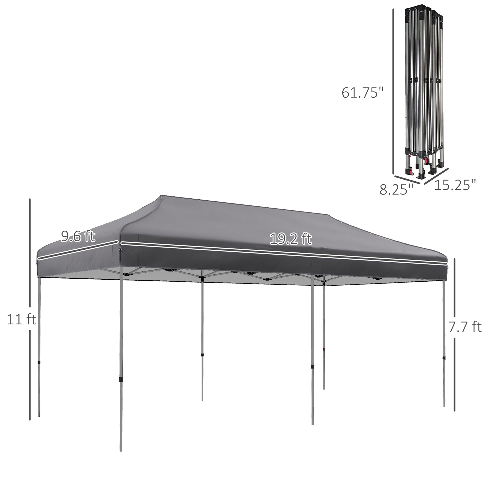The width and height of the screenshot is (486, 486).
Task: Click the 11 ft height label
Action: pos(21,320)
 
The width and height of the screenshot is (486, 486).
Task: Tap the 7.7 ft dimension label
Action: pos(465,327)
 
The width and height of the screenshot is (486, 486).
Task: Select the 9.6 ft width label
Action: pos(78,237)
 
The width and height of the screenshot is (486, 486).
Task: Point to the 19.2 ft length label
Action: pos(291,239)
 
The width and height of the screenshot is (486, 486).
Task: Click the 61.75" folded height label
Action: pos(362,92)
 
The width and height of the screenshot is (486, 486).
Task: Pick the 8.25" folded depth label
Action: pos(396,190)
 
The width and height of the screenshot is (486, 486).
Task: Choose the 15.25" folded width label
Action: pos(455,185)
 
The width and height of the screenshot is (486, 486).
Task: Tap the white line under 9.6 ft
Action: pos(78,250)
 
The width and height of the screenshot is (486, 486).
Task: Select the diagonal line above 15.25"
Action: pos(437,176)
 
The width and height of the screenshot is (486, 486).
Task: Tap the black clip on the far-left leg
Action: pos(39,362)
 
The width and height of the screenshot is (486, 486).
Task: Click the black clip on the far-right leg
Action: pos(444,358)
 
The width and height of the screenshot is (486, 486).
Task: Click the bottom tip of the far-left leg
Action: pos(39,416)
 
